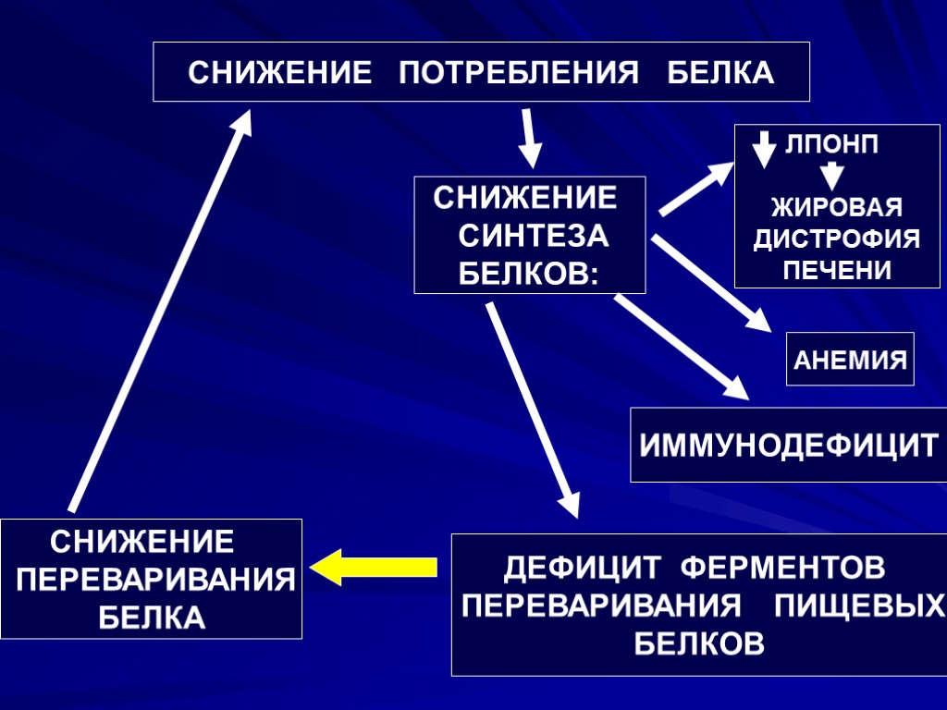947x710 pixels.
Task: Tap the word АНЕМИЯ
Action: tap(850, 360)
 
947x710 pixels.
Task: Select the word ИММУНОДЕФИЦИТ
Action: tap(789, 446)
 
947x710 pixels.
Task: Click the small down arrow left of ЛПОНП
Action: tap(764, 149)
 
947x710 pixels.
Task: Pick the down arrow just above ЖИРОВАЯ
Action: tap(832, 175)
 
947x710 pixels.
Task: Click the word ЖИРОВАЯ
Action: tap(836, 207)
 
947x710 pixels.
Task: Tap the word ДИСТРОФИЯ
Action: tap(836, 239)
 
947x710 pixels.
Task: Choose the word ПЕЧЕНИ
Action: tap(836, 271)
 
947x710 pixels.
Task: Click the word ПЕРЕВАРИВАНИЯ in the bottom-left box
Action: tap(156, 581)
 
